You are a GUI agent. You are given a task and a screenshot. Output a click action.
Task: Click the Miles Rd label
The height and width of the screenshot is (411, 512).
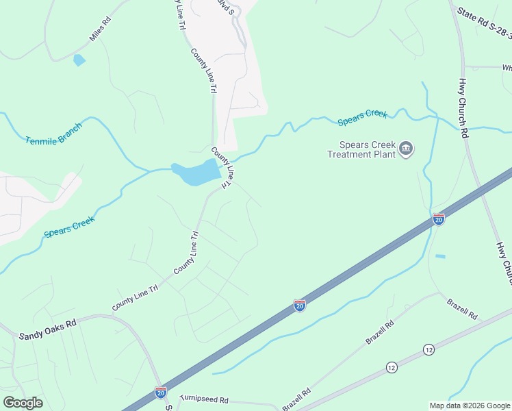[x=100, y=30]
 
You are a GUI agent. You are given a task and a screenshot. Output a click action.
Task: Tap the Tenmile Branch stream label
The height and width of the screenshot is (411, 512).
[x=53, y=134]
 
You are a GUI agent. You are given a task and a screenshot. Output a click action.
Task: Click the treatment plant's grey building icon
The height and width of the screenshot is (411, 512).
[x=406, y=149]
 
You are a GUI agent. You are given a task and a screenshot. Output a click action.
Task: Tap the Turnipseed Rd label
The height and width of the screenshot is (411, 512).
[x=204, y=398]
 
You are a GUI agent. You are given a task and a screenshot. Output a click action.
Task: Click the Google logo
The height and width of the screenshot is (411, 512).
[x=23, y=403]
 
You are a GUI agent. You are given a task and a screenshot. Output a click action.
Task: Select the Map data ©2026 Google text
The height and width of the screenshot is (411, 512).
[x=469, y=406]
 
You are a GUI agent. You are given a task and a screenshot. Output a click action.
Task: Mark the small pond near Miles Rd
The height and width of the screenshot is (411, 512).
[x=79, y=60]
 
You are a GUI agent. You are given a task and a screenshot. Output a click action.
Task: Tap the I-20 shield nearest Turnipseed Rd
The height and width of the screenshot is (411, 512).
[x=160, y=393]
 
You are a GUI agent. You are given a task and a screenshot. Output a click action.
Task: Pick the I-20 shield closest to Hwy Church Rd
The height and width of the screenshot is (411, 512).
[x=439, y=219]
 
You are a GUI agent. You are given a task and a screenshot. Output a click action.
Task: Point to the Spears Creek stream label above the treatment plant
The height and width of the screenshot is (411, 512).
[x=363, y=118]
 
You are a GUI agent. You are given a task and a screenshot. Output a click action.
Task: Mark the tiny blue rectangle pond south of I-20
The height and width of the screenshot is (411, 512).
[x=440, y=256]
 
